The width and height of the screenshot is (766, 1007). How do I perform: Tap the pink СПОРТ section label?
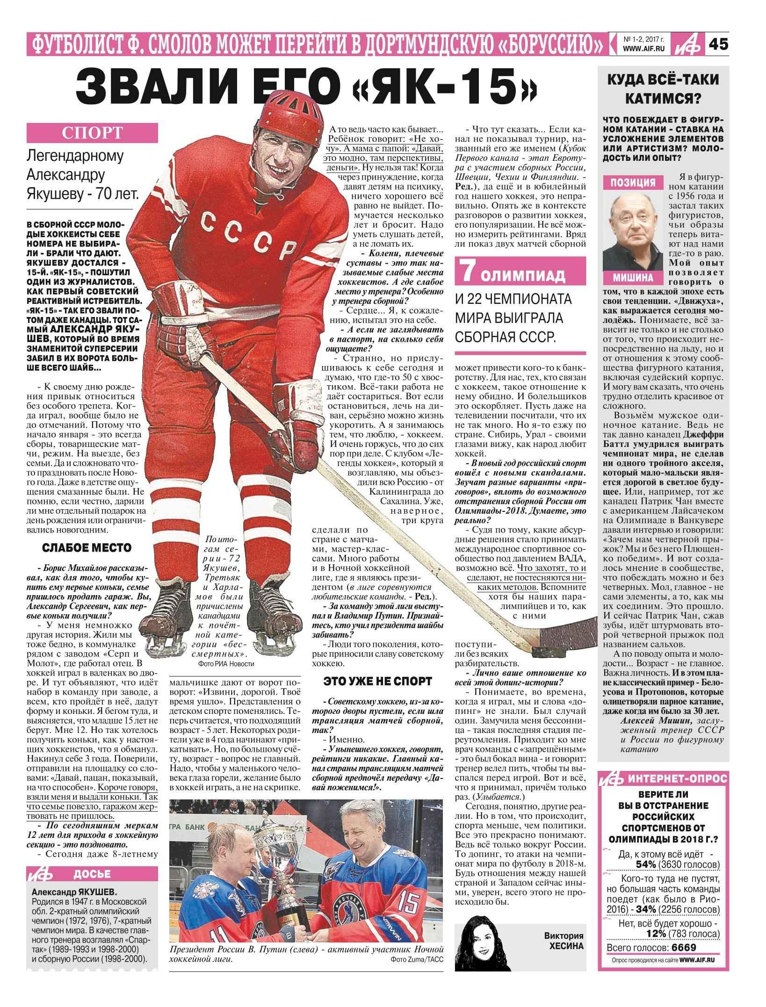(92, 133)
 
